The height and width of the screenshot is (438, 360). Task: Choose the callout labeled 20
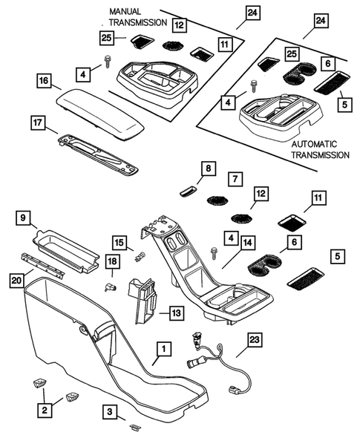click(x=16, y=280)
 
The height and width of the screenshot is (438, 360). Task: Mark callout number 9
click(x=24, y=218)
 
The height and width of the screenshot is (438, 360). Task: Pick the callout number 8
click(x=208, y=169)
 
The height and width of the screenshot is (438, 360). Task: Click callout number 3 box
click(x=109, y=411)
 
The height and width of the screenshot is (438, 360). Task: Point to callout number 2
click(x=45, y=409)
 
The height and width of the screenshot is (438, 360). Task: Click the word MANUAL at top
click(x=125, y=13)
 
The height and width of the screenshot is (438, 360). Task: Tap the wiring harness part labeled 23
click(x=215, y=362)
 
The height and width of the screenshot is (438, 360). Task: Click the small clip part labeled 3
click(x=135, y=427)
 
